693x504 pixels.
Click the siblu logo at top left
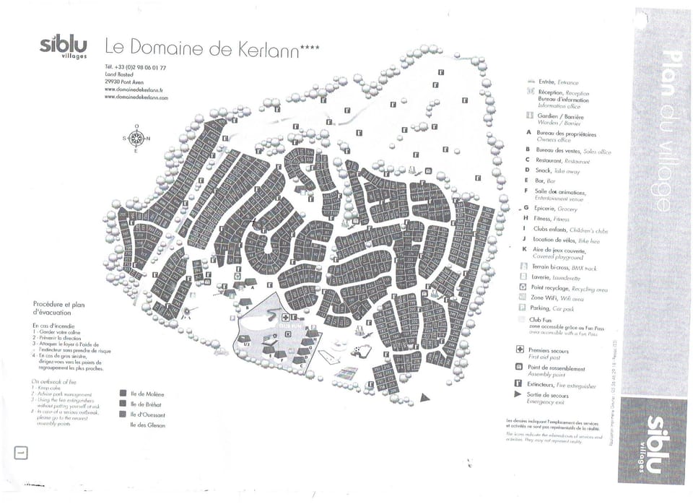tap(64, 46)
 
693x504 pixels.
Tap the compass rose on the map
tap(136, 138)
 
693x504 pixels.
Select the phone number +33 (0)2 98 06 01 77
tap(135, 67)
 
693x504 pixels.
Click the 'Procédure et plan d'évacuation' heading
tap(58, 308)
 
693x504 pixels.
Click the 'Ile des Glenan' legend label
tap(147, 425)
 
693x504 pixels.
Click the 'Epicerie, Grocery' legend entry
tap(555, 208)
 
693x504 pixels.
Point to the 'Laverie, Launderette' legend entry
tap(555, 277)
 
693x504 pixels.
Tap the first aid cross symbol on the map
tap(286, 318)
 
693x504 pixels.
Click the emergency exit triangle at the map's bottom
tap(425, 396)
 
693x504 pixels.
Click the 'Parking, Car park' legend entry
tap(557, 308)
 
